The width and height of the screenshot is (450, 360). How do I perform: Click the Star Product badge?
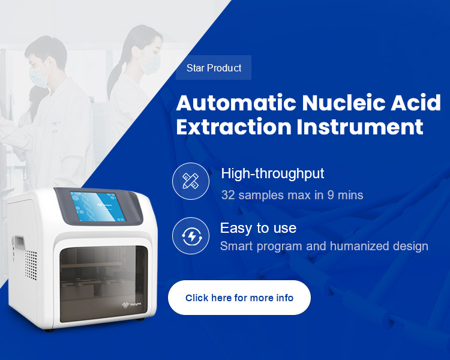(x=214, y=68)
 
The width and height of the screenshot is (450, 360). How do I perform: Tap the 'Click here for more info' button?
(x=239, y=298)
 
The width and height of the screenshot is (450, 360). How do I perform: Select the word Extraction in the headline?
(x=234, y=127)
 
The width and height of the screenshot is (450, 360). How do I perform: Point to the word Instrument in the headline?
(x=360, y=127)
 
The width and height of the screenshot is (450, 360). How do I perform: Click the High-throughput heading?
(x=272, y=173)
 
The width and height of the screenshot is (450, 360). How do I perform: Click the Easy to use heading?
(x=258, y=228)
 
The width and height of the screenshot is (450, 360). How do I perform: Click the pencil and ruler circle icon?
(x=191, y=181)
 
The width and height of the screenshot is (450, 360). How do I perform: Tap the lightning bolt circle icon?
(x=191, y=236)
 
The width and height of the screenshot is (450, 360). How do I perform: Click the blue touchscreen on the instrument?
(x=98, y=206)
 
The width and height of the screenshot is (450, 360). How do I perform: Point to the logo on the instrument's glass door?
(x=132, y=305)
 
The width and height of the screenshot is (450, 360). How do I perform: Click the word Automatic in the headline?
(x=236, y=103)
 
